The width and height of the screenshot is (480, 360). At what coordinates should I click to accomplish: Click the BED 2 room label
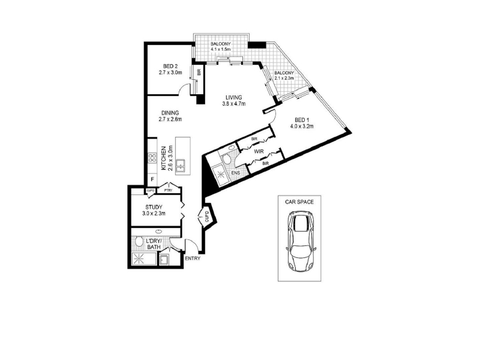click(x=170, y=66)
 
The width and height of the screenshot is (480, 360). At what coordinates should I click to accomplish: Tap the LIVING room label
click(x=234, y=98)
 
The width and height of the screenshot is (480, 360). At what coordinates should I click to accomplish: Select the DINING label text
click(x=170, y=113)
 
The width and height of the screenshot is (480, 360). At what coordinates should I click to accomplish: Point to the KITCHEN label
click(x=163, y=158)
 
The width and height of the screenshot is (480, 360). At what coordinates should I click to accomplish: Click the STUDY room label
click(x=154, y=207)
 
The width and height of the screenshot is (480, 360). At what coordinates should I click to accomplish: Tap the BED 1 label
click(x=301, y=119)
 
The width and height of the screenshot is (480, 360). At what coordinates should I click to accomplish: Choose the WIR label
click(x=259, y=151)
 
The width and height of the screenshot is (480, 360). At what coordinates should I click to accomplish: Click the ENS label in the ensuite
click(x=236, y=173)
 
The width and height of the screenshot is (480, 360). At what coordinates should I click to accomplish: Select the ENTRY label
click(x=193, y=259)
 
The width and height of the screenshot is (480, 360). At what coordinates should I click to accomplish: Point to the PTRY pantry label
click(x=168, y=190)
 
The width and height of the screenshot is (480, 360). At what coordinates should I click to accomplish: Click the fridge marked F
click(x=152, y=179)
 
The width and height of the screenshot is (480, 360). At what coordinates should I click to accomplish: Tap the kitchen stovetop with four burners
click(x=152, y=158)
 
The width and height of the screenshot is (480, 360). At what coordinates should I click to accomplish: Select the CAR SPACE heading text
click(x=299, y=202)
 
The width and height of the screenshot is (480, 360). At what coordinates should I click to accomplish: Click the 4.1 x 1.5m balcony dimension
click(x=220, y=49)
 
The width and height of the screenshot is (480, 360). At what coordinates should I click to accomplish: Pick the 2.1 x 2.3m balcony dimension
click(x=284, y=78)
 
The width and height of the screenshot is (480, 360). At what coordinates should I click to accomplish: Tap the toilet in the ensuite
click(x=227, y=160)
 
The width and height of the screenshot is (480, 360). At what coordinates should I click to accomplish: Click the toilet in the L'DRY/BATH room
click(x=139, y=242)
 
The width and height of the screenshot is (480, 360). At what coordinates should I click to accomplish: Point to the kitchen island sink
click(x=181, y=166)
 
